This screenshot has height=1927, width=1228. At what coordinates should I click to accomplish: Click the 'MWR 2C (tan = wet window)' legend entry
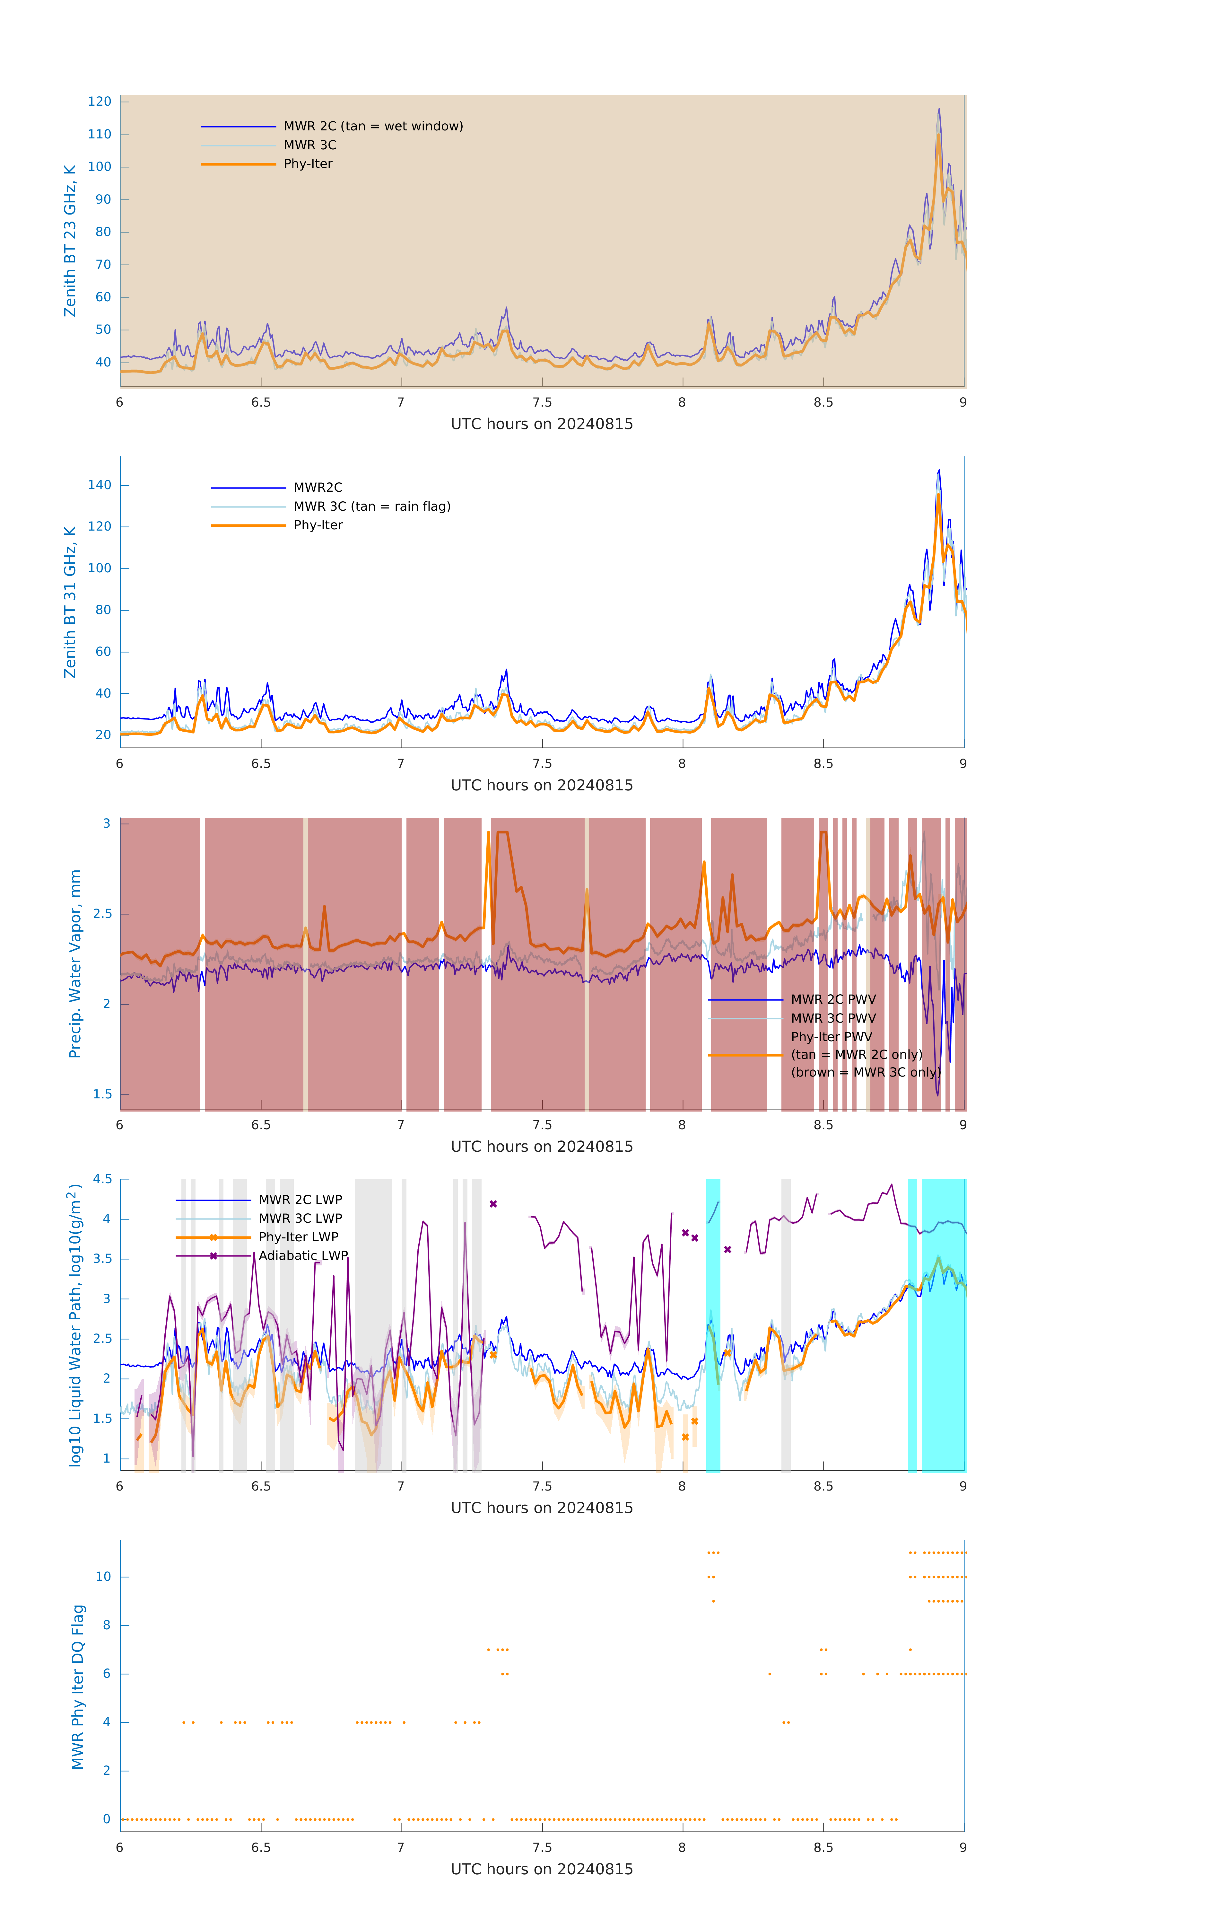point(373,127)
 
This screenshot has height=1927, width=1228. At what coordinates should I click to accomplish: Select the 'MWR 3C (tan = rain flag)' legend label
point(372,506)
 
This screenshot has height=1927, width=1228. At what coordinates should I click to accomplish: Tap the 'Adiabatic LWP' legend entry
point(303,1255)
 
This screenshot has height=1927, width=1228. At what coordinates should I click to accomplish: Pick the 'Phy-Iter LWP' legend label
point(298,1237)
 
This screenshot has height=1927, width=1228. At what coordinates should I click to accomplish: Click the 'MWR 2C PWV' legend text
point(833,999)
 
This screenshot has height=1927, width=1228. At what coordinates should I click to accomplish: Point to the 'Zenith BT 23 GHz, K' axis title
point(70,241)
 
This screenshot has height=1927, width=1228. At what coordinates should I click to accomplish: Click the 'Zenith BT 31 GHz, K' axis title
point(70,602)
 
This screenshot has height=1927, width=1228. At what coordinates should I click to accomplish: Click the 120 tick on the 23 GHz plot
point(100,101)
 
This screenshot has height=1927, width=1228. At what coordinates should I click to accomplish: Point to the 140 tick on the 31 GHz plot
point(100,485)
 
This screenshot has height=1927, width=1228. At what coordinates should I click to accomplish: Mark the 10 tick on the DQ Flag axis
point(103,1577)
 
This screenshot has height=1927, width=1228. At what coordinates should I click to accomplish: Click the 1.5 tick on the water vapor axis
point(102,1094)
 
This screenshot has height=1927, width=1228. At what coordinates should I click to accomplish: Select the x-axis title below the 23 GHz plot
point(542,424)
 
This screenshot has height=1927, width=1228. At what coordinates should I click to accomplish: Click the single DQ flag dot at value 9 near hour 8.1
point(713,1601)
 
